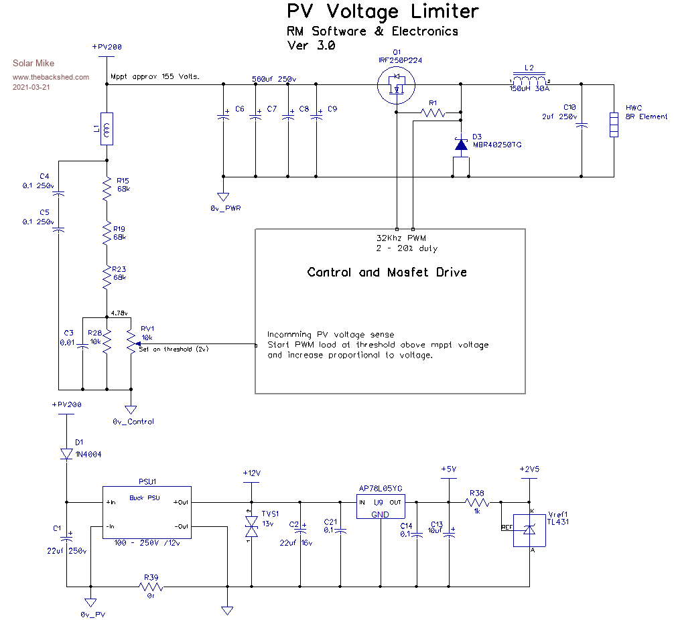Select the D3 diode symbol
pyautogui.click(x=460, y=144)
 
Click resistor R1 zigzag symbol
pyautogui.click(x=433, y=113)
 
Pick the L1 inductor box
pyautogui.click(x=107, y=129)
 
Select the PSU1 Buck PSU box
pyautogui.click(x=146, y=513)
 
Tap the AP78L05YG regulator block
pyautogui.click(x=381, y=507)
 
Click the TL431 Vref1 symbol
pyautogui.click(x=529, y=530)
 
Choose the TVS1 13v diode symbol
pyautogui.click(x=252, y=529)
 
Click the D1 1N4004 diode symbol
pyautogui.click(x=66, y=454)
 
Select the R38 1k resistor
pyautogui.click(x=477, y=502)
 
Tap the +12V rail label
pyautogui.click(x=251, y=473)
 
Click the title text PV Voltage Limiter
pyautogui.click(x=383, y=11)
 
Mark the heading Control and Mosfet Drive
pyautogui.click(x=387, y=272)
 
